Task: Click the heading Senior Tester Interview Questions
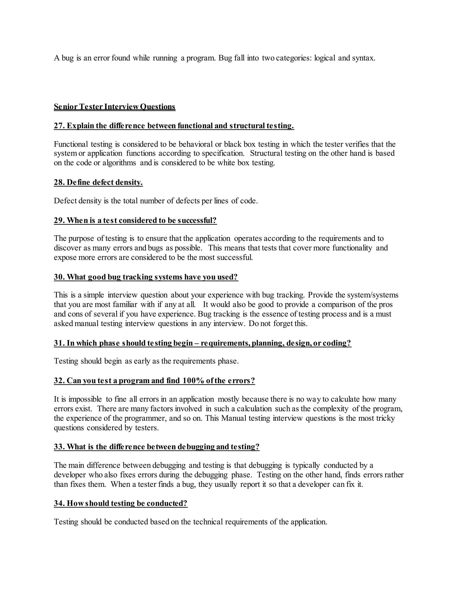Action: click(x=114, y=107)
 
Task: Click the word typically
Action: click(x=306, y=465)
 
